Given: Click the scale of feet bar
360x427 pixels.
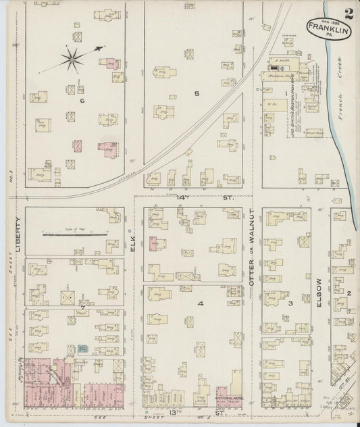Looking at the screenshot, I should pos(75,235).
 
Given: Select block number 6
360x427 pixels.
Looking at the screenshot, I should pos(81,101).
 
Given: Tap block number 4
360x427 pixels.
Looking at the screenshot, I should pos(200,303).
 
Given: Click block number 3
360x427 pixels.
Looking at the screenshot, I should pos(290,303).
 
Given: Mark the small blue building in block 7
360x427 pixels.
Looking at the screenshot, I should pos(82,349).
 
